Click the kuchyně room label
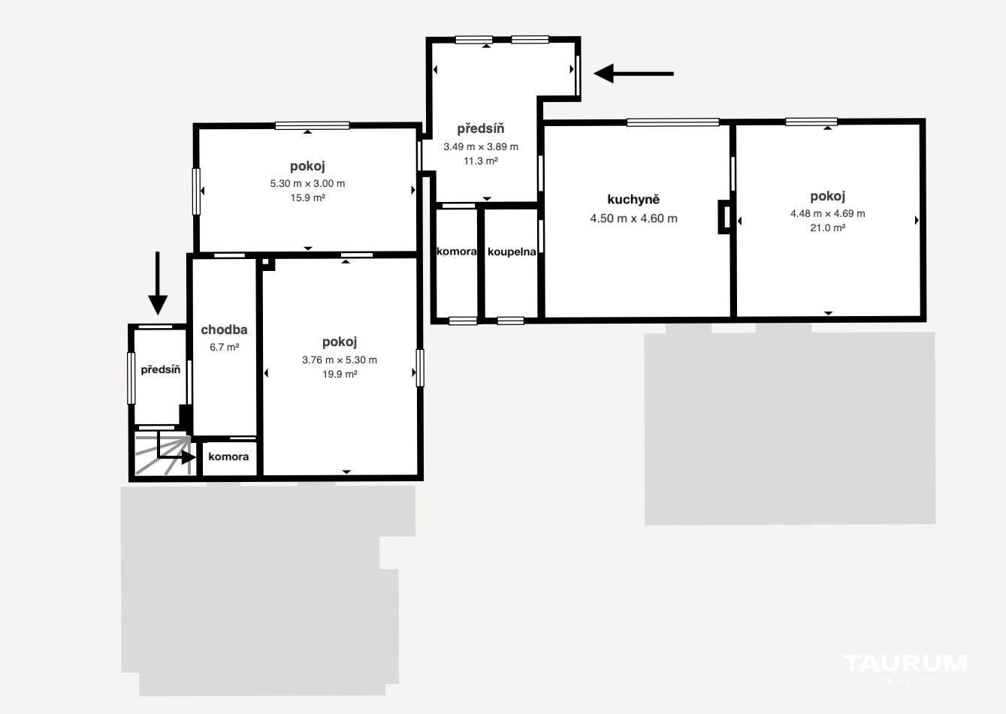633,200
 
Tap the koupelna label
512,252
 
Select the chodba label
224,330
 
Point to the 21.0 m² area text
827,228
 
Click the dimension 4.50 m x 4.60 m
633,218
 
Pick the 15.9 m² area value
307,198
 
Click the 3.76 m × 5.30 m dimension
340,360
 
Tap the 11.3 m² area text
481,161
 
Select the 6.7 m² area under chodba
224,348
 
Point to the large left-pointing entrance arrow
633,74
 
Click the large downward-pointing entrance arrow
158,283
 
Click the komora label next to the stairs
228,456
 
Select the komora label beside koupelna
456,252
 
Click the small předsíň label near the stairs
160,370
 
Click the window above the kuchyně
672,122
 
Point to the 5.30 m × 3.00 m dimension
307,183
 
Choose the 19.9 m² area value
340,375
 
